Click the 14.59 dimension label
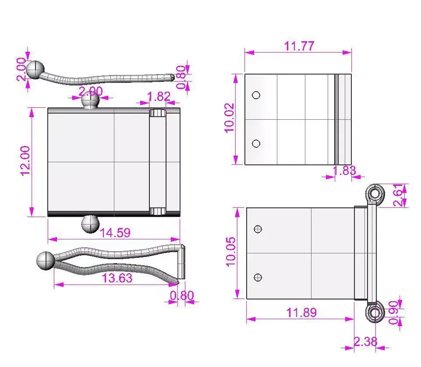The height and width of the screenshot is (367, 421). pyautogui.click(x=115, y=233)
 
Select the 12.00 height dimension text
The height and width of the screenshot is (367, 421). pyautogui.click(x=25, y=161)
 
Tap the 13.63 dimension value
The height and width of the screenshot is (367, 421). pyautogui.click(x=117, y=278)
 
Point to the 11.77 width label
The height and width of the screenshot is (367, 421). pyautogui.click(x=299, y=46)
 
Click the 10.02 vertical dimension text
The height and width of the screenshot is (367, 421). pyautogui.click(x=230, y=118)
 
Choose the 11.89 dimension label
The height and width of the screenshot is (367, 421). pyautogui.click(x=301, y=313)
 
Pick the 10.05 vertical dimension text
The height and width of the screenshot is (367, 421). pyautogui.click(x=230, y=252)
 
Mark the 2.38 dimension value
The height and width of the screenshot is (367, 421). pyautogui.click(x=365, y=342)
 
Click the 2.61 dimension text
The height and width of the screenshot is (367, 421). pyautogui.click(x=398, y=195)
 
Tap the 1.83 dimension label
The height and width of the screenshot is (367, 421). pyautogui.click(x=344, y=171)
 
